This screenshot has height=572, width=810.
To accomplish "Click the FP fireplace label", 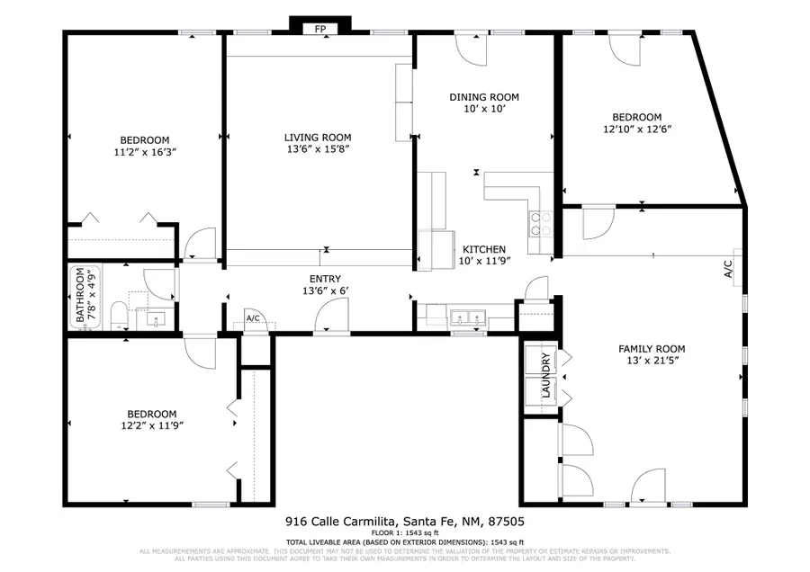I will pyautogui.click(x=319, y=30).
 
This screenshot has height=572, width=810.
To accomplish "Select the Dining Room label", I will pyautogui.click(x=484, y=97).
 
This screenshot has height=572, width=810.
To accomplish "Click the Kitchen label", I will pyautogui.click(x=484, y=249).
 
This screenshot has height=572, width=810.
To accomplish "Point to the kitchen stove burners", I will pyautogui.click(x=540, y=222).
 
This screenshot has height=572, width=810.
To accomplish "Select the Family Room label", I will pyautogui.click(x=652, y=349).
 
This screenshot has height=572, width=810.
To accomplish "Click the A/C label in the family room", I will pyautogui.click(x=730, y=269).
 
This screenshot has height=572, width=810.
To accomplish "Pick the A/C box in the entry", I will pyautogui.click(x=253, y=319).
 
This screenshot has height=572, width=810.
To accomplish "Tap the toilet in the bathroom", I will pyautogui.click(x=118, y=315).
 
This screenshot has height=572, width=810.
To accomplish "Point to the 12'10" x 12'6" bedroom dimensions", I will pyautogui.click(x=636, y=130).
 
